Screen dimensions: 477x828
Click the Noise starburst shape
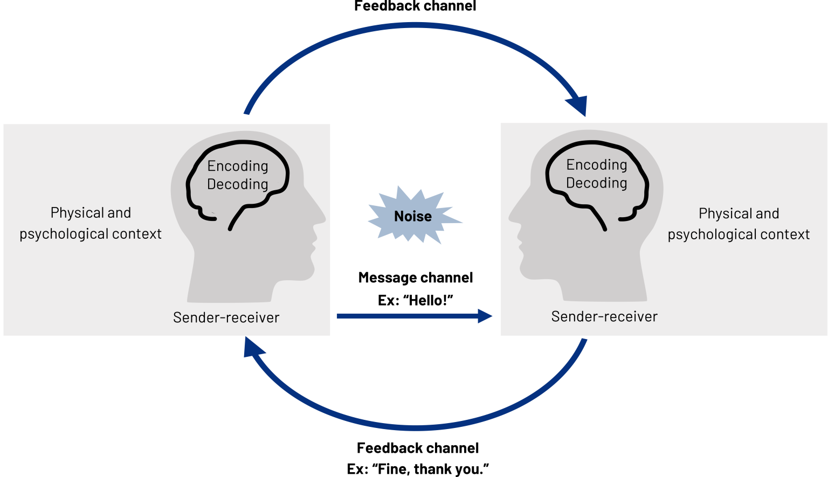click(413, 217)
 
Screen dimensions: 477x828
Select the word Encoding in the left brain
click(238, 166)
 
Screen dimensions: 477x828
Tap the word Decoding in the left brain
click(238, 184)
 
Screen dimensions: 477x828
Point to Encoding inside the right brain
click(597, 165)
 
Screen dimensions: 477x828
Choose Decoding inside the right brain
click(597, 183)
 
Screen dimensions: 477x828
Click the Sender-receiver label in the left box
click(226, 317)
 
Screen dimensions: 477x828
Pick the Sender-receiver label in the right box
click(604, 316)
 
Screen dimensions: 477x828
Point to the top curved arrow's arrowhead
click(578, 106)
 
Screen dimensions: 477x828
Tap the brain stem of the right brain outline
click(598, 218)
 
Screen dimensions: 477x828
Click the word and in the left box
click(119, 213)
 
